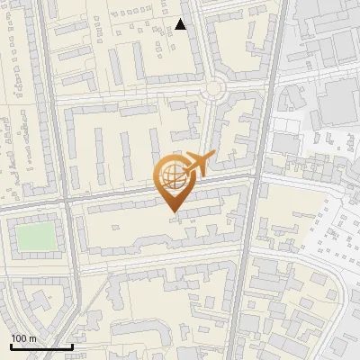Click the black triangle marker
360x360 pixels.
coord(181,25)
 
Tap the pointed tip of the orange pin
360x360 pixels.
coord(173,212)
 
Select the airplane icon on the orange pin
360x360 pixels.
coord(196,166)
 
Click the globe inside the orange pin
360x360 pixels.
coord(172,178)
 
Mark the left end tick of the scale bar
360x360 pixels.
coord(11,346)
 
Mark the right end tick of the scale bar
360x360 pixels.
coord(72,346)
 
